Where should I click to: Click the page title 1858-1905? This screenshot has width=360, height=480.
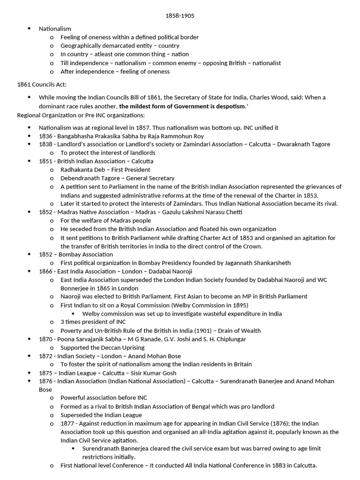click(x=180, y=16)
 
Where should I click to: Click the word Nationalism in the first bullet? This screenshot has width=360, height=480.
click(x=55, y=29)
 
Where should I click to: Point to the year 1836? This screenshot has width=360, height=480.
click(x=46, y=136)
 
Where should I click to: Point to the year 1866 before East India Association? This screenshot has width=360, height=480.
click(x=46, y=271)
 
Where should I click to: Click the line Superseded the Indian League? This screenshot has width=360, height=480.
click(x=101, y=415)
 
